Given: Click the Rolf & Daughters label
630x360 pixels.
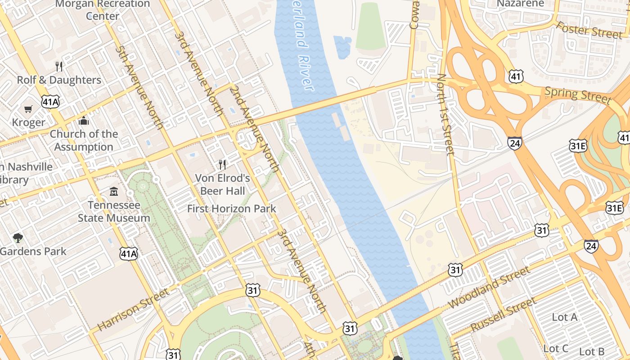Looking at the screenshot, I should (59, 80).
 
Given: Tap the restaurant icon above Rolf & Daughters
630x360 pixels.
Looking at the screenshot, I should (59, 67).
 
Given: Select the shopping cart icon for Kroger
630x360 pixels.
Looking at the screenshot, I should (28, 109).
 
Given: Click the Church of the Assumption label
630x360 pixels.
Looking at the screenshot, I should (84, 140).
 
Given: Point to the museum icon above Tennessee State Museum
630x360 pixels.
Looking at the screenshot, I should (114, 192).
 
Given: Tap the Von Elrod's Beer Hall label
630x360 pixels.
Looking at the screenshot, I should (222, 184).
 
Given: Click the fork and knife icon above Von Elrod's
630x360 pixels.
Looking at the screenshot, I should (222, 164).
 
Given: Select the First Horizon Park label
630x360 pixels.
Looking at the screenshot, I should (232, 209).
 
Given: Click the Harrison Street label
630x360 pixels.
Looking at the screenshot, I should (133, 310).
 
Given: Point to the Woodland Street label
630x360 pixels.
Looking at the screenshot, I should (490, 288).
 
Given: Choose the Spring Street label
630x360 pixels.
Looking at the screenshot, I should (578, 95).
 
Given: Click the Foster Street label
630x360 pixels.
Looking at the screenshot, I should (589, 30).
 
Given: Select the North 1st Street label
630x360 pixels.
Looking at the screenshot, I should (445, 114).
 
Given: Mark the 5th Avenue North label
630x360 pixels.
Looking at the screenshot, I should (139, 87).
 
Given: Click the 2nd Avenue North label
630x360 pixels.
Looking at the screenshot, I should (254, 129).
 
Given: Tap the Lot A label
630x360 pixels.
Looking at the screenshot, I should (565, 317).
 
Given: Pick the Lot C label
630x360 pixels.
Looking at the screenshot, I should (555, 349).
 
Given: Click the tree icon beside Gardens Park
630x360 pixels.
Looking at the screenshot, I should (18, 238).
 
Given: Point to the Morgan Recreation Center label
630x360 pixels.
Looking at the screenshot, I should (102, 9).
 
